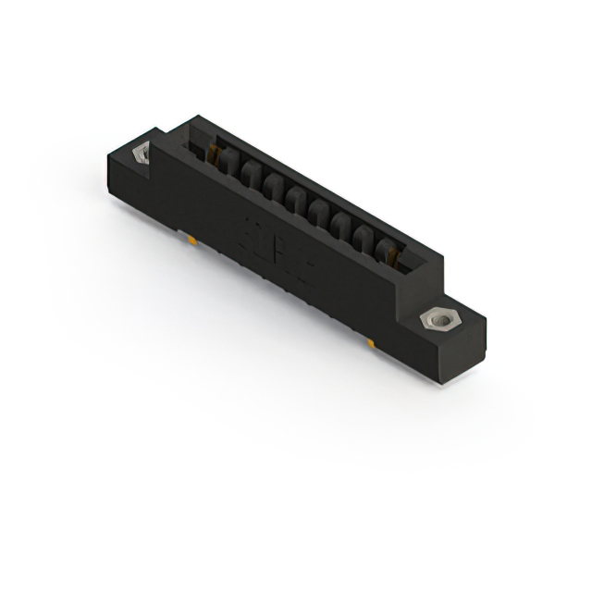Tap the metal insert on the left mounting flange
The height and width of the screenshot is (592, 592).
tap(142, 154)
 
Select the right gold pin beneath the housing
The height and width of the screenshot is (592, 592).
tap(370, 343)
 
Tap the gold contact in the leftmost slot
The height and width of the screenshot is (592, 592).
tap(216, 152)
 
